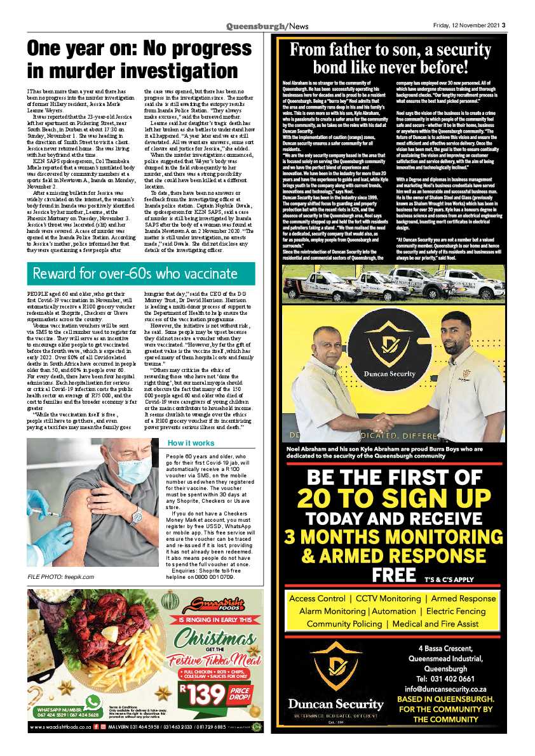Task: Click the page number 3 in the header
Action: point(504,26)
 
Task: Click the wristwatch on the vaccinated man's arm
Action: point(136,515)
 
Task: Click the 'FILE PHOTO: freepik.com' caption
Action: point(60,576)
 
